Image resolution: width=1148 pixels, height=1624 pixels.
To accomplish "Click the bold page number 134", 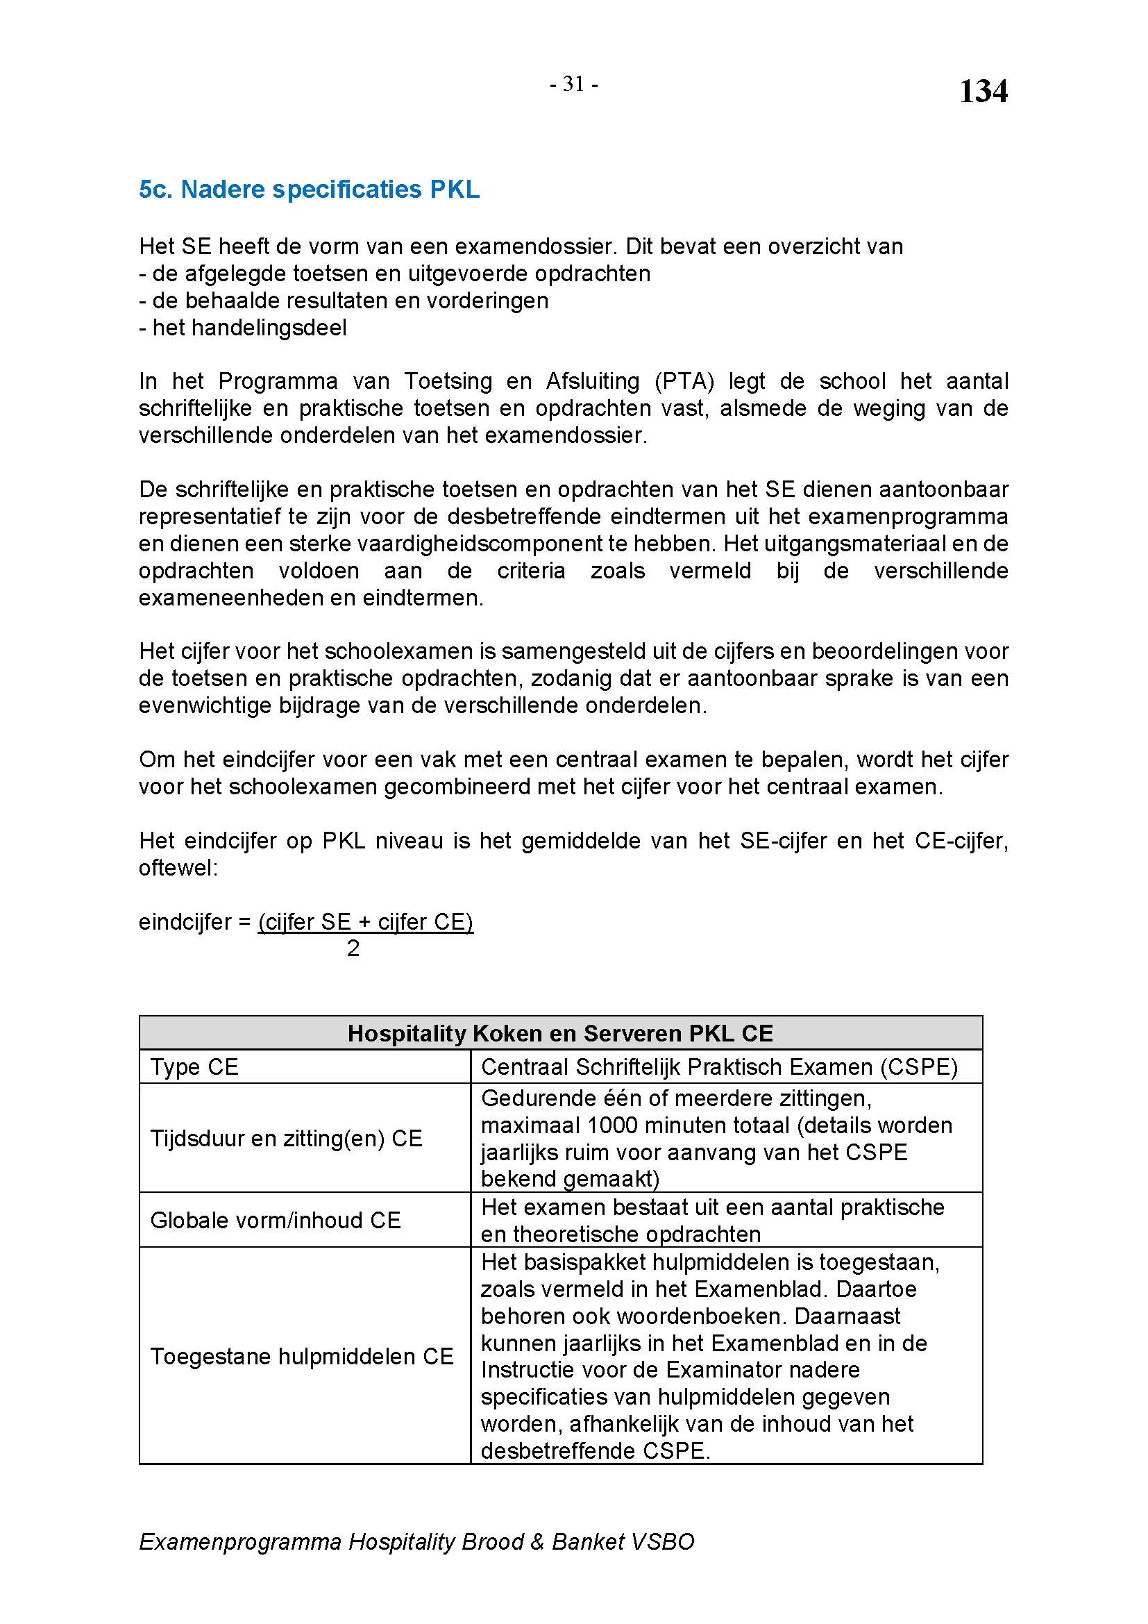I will (983, 91).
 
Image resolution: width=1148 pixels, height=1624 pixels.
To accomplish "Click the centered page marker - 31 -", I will (574, 84).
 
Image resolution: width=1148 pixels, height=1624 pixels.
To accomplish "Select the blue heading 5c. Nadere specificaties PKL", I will (309, 190).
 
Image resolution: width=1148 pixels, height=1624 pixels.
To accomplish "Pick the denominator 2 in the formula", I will (353, 948).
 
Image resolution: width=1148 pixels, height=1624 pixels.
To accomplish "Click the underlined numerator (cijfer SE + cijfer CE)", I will (366, 921).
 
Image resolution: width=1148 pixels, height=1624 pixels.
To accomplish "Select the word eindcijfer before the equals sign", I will (184, 921).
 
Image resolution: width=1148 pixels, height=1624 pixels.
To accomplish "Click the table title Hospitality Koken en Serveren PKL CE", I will (560, 1033).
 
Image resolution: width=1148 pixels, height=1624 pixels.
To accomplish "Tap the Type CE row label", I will (194, 1066).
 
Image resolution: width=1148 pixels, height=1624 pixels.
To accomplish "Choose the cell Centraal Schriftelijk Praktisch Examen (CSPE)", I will (719, 1066).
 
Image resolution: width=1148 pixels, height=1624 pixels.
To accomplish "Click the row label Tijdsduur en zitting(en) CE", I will (285, 1138).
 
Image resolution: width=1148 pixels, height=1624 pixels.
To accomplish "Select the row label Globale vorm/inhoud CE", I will (275, 1220).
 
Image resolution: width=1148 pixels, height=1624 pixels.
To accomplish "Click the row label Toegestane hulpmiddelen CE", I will (301, 1356).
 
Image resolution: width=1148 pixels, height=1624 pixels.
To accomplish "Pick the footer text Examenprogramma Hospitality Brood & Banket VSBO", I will (416, 1541).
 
